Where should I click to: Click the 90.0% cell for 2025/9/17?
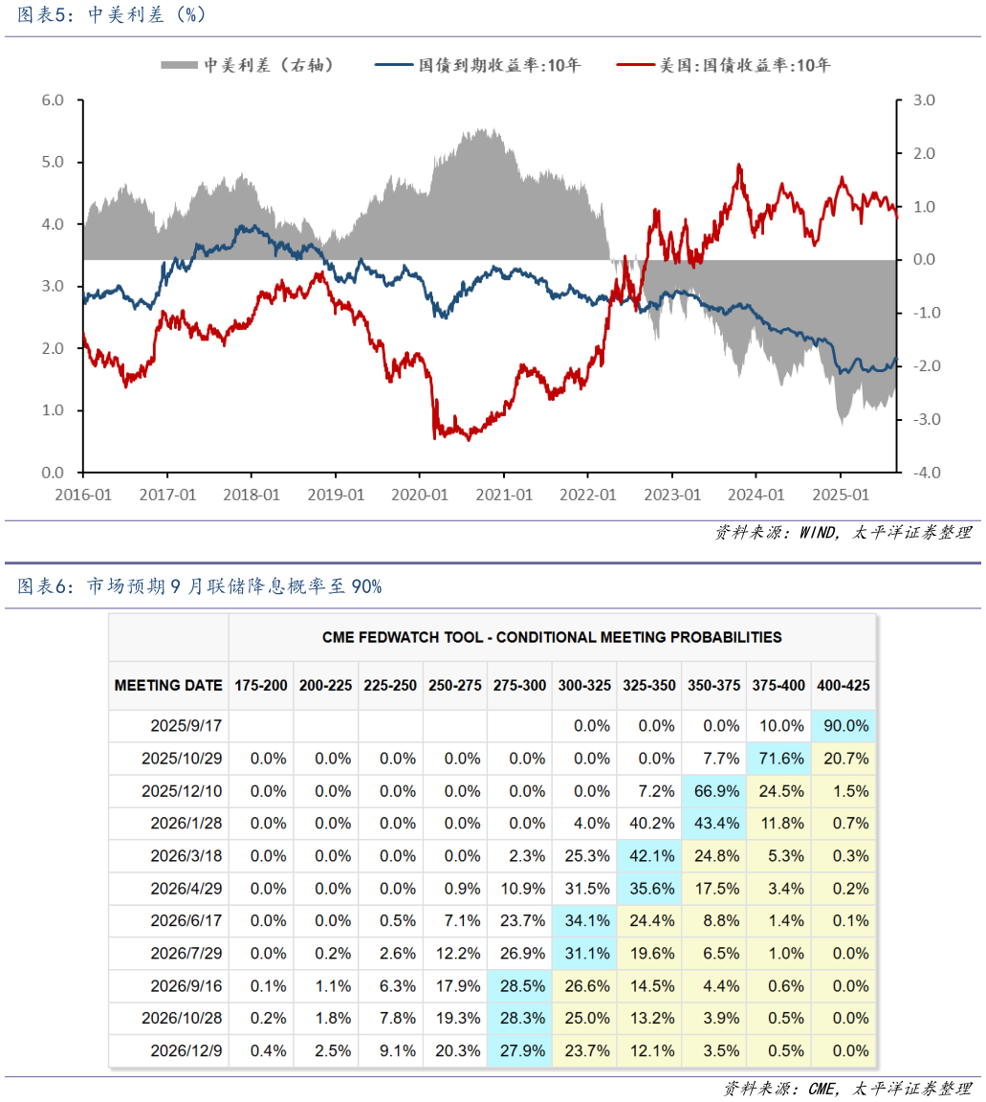pyautogui.click(x=843, y=726)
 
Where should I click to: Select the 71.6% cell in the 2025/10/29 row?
pyautogui.click(x=778, y=759)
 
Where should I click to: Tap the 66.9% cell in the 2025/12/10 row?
pyautogui.click(x=712, y=791)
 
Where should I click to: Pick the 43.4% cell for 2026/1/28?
pyautogui.click(x=712, y=824)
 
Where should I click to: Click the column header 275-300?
pyautogui.click(x=519, y=685)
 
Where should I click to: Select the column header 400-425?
pyautogui.click(x=843, y=685)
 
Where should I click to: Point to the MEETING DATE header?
pyautogui.click(x=168, y=685)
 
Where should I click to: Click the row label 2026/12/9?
pyautogui.click(x=186, y=1050)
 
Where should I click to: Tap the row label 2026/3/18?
pyautogui.click(x=186, y=856)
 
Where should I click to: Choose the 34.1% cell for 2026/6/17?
pyautogui.click(x=583, y=921)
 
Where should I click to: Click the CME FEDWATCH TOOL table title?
pyautogui.click(x=552, y=637)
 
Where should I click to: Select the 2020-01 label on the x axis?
pyautogui.click(x=420, y=495)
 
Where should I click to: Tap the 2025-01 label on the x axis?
pyautogui.click(x=841, y=495)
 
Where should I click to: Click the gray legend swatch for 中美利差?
pyautogui.click(x=178, y=65)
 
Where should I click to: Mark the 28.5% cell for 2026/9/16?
pyautogui.click(x=519, y=986)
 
